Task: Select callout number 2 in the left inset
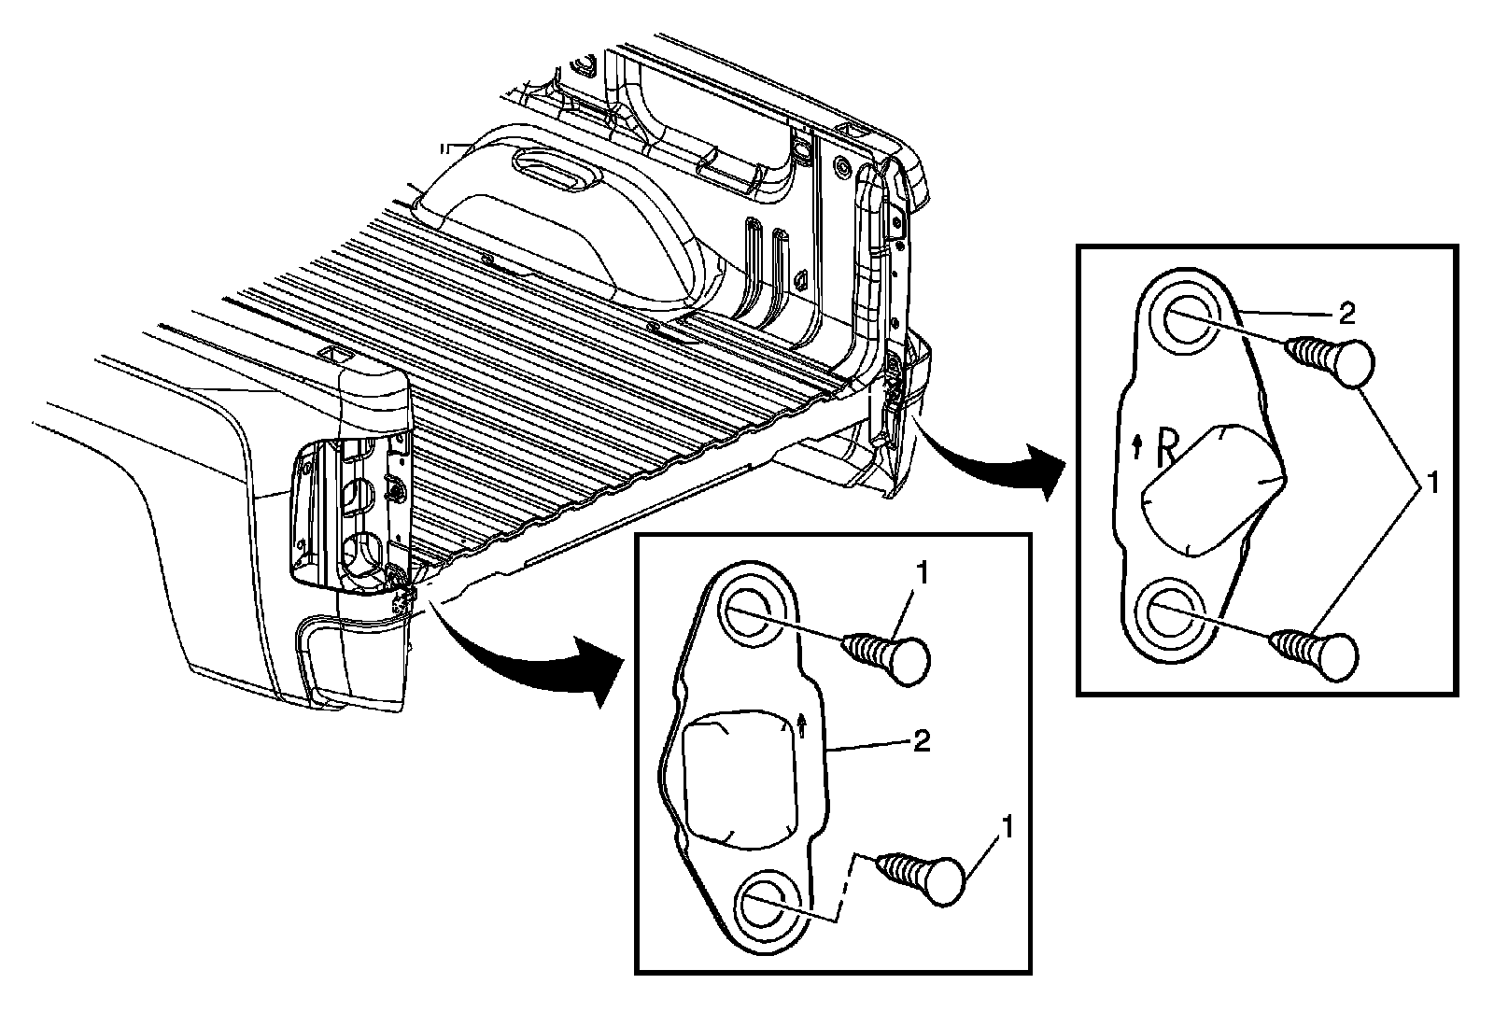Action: coord(920,742)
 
